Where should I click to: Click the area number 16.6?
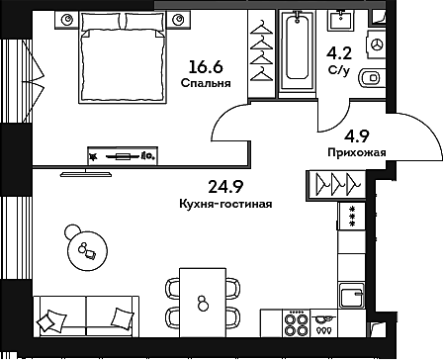point(205,67)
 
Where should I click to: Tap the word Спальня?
point(206,84)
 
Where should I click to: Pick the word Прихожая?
point(355,152)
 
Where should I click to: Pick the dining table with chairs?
point(202,304)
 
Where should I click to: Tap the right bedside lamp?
point(178,19)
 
